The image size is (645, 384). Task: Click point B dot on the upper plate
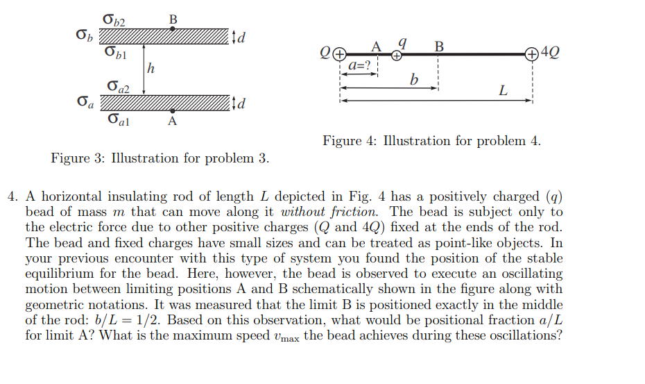[x=173, y=29]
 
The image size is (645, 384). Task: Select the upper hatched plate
[x=164, y=35]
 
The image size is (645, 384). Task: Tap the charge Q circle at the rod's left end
[x=339, y=53]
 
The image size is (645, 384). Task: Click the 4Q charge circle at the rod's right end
[x=531, y=53]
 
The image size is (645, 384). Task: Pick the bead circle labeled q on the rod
[x=397, y=55]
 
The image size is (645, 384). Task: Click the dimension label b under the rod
[x=414, y=81]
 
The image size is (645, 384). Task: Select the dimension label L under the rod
[x=503, y=91]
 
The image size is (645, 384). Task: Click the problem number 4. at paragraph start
[x=12, y=197]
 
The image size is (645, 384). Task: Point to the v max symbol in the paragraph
[x=284, y=337]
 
